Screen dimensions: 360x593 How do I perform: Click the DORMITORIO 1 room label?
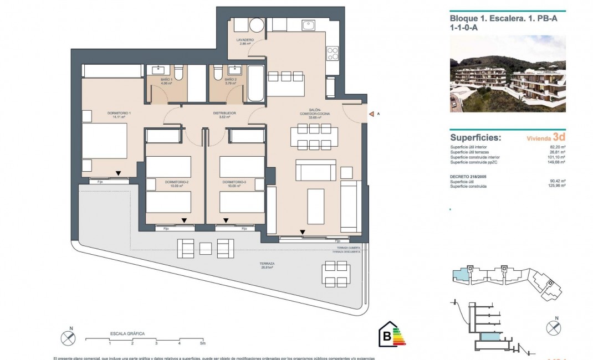[x=116, y=115]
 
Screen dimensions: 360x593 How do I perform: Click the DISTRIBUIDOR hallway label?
[x=224, y=113]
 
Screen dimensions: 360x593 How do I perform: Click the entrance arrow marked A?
[x=371, y=114]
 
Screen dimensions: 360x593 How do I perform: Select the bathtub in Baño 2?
[x=255, y=84]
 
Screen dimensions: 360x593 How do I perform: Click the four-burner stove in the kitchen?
[x=333, y=54]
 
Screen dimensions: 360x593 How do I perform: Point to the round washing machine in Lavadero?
[x=257, y=26]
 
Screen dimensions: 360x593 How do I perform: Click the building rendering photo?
[x=507, y=74]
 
